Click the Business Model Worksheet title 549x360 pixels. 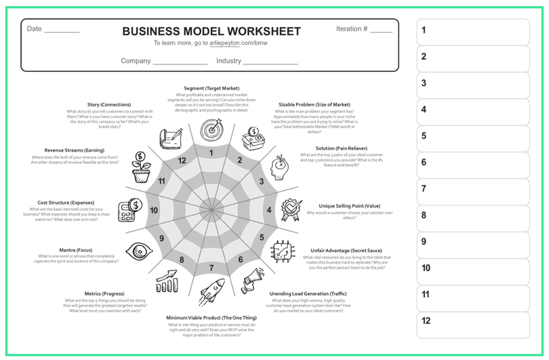coord(211,32)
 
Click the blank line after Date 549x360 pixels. coord(62,31)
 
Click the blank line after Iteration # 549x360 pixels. coord(381,31)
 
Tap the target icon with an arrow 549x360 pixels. coord(211,127)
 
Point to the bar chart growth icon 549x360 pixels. coord(167,280)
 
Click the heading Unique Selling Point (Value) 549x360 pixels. coord(350,205)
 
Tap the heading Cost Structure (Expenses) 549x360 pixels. coord(66,202)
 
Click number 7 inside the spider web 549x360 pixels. coord(211,268)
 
